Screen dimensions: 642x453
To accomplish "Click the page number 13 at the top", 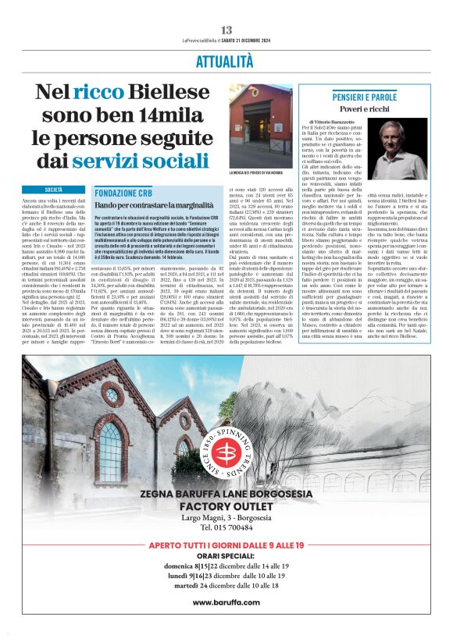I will pyautogui.click(x=226, y=30).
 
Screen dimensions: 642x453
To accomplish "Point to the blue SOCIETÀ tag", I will pyautogui.click(x=54, y=190).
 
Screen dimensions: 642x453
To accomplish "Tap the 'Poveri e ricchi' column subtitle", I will pyautogui.click(x=377, y=109).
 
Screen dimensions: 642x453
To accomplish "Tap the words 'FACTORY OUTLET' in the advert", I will pyautogui.click(x=226, y=505).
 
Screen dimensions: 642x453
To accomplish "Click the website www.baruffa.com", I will pyautogui.click(x=226, y=602).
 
